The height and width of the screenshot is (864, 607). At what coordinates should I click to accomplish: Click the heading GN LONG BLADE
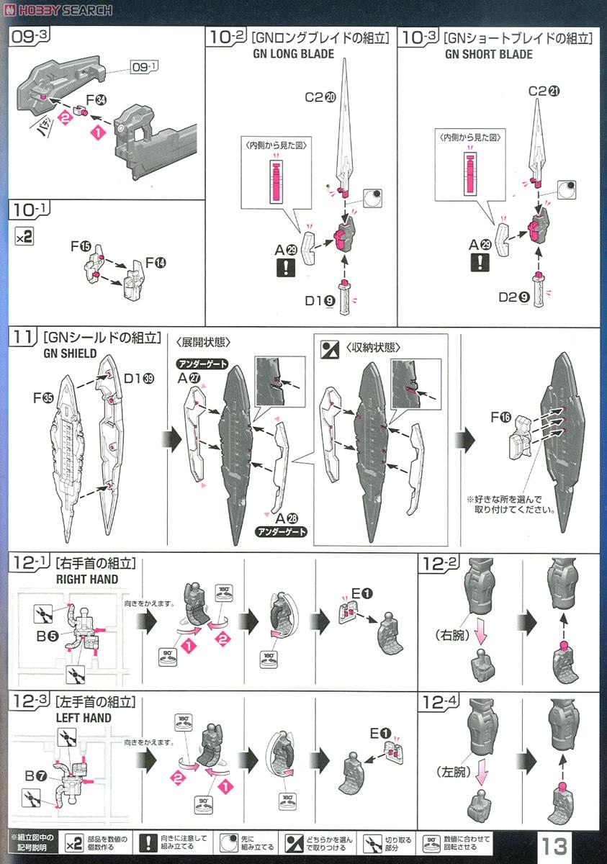(294, 54)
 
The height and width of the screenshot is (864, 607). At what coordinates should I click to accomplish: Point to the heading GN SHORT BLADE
(488, 54)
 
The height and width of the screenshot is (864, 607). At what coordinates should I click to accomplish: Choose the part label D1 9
(318, 301)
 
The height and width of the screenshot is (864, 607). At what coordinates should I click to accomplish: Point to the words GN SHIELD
(70, 354)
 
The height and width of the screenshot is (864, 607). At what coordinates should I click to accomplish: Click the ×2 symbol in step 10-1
(24, 236)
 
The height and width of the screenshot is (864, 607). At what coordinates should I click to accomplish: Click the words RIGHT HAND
(87, 579)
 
